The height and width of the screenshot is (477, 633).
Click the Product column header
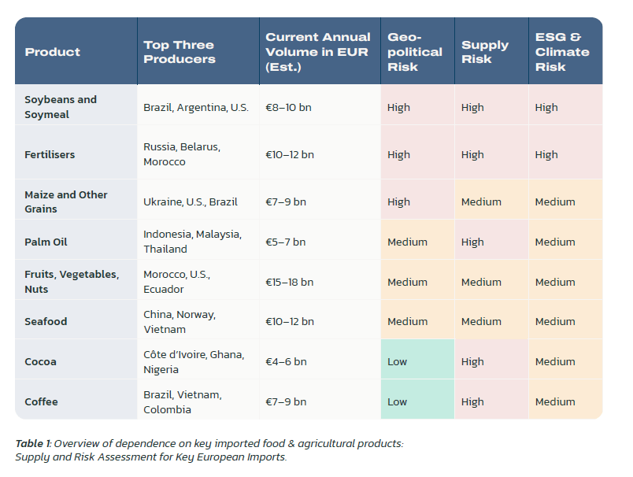point(53,52)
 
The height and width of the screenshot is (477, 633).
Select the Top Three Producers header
point(179,52)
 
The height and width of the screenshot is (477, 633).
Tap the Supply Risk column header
point(484,52)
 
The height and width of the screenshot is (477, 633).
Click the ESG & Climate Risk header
point(562,52)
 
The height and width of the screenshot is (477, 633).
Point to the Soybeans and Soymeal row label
point(61,107)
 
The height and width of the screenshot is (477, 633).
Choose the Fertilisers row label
point(50,154)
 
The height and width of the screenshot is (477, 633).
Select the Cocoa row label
point(40,361)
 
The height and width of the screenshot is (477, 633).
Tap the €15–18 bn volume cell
point(290,282)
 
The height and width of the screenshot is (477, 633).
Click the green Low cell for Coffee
point(417,401)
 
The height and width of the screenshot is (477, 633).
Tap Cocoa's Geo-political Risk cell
point(417,361)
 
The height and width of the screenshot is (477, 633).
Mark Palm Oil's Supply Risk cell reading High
point(491,242)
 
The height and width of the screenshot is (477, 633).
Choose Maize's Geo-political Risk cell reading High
point(417,202)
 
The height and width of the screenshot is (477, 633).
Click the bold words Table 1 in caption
point(32,444)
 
